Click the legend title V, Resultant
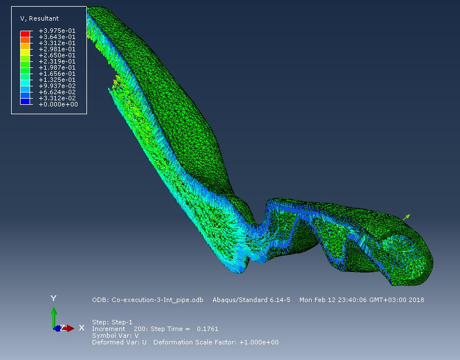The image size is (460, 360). (40, 18)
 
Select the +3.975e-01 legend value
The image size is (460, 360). (57, 31)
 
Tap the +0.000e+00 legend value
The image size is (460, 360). (58, 104)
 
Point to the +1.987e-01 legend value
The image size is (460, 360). (57, 67)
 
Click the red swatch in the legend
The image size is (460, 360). (25, 33)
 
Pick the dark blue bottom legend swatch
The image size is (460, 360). (25, 101)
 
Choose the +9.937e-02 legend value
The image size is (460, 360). (57, 86)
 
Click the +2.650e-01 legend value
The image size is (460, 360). (57, 55)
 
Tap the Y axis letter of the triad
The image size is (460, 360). (54, 299)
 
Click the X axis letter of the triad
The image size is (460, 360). (81, 328)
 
